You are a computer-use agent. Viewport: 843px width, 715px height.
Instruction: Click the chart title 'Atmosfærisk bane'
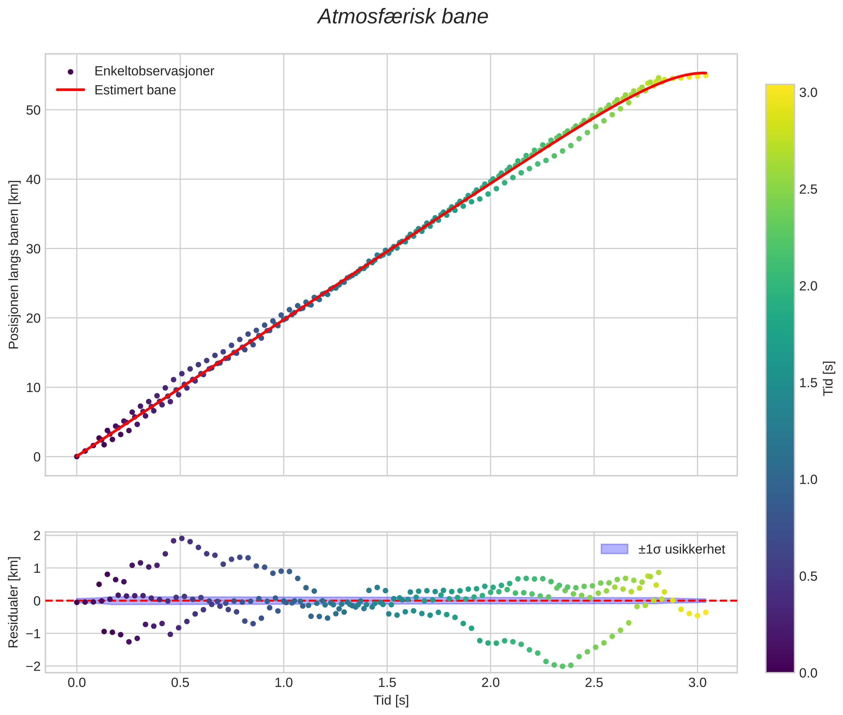click(403, 17)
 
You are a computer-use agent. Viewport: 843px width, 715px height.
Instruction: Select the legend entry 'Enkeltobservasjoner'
click(154, 71)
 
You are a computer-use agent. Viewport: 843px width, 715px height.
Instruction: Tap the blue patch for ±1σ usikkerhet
click(614, 549)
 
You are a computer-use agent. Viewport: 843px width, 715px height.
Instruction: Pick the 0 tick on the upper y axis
click(37, 457)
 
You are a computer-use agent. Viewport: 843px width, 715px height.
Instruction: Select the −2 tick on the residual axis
click(33, 666)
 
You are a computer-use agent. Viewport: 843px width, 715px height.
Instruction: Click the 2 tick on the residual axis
click(37, 536)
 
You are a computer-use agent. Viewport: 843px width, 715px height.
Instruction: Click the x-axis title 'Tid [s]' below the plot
click(391, 700)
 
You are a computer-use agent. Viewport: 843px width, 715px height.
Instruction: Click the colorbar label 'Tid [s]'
click(828, 378)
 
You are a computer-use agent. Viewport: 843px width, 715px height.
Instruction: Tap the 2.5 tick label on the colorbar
click(808, 190)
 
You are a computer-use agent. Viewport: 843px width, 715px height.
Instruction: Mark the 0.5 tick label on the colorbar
click(808, 577)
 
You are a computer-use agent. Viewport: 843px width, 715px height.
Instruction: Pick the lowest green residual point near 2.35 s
click(562, 666)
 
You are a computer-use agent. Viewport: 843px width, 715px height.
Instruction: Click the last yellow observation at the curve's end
click(705, 75)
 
